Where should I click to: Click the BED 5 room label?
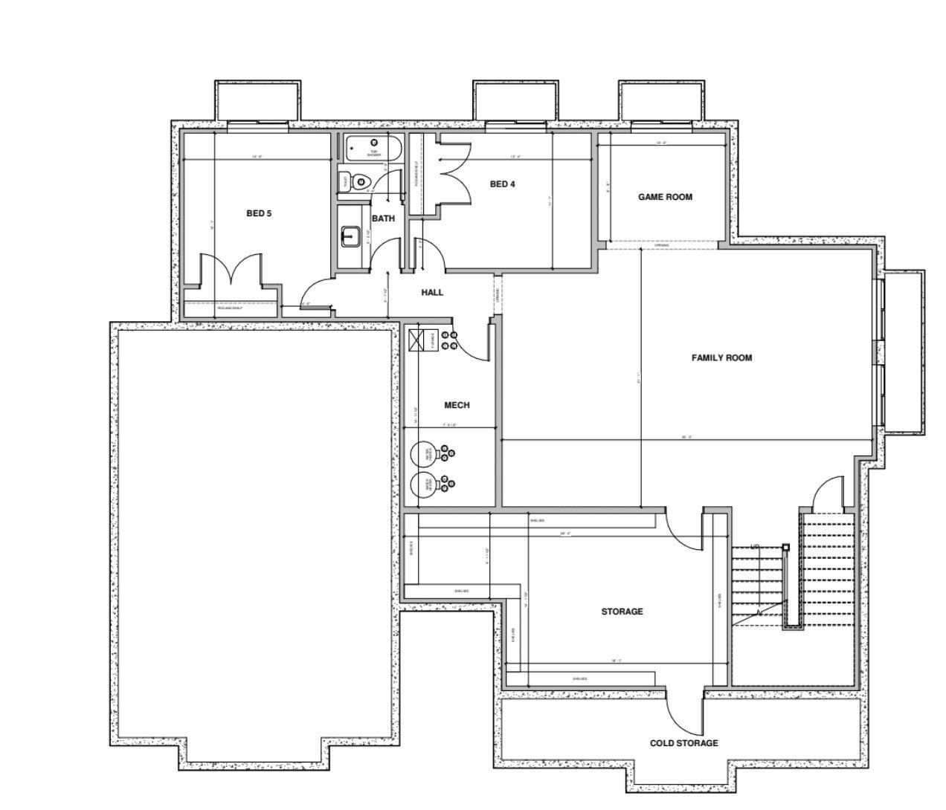click(259, 213)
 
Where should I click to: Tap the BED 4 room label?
click(502, 184)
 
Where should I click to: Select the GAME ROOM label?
click(665, 197)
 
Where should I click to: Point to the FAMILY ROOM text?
click(721, 357)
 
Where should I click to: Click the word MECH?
click(457, 405)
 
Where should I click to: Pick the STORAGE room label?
click(622, 612)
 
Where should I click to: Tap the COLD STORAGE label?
click(683, 743)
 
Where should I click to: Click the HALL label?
click(432, 292)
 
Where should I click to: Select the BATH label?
click(383, 218)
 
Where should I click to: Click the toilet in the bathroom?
click(360, 181)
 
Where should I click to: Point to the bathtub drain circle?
click(374, 141)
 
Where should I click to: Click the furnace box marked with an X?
click(416, 340)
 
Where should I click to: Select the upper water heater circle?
click(425, 454)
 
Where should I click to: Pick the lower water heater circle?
click(425, 485)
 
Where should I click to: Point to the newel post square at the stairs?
click(786, 547)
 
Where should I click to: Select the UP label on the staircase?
click(756, 545)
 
